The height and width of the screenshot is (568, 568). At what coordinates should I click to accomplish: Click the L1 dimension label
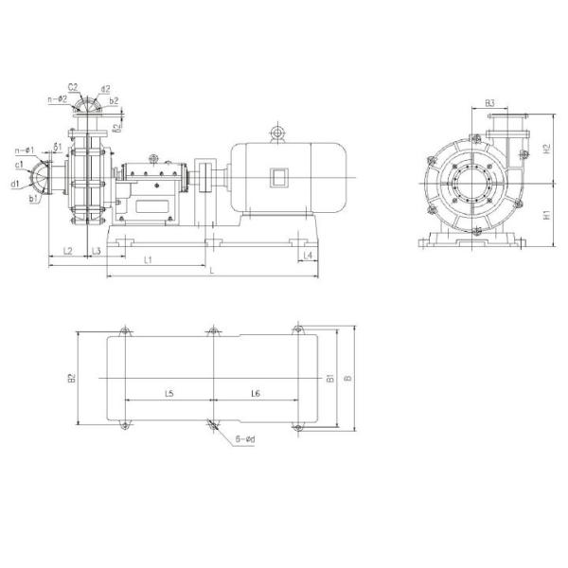pyautogui.click(x=149, y=258)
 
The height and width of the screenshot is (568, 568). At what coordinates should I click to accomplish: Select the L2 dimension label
pyautogui.click(x=68, y=251)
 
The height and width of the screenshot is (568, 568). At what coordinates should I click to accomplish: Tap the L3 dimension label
pyautogui.click(x=97, y=251)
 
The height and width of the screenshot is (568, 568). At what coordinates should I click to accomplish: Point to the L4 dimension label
pyautogui.click(x=310, y=256)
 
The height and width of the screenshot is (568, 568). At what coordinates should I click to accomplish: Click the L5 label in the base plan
pyautogui.click(x=169, y=392)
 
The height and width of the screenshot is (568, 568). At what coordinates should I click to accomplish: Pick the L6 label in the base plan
pyautogui.click(x=256, y=392)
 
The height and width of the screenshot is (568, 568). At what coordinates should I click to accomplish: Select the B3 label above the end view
pyautogui.click(x=491, y=102)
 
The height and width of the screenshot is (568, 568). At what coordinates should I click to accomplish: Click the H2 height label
pyautogui.click(x=547, y=149)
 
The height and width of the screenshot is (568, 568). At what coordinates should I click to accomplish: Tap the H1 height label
pyautogui.click(x=547, y=215)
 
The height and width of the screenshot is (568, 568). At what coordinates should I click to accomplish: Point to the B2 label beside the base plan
pyautogui.click(x=72, y=379)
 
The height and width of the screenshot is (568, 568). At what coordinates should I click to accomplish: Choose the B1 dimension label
pyautogui.click(x=330, y=379)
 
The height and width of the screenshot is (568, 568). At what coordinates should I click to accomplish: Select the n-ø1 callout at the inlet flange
pyautogui.click(x=25, y=150)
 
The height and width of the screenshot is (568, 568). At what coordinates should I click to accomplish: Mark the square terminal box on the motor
pyautogui.click(x=279, y=177)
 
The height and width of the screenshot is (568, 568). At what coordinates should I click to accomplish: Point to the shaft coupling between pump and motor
pyautogui.click(x=204, y=177)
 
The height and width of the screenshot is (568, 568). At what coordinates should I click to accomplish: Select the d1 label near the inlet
pyautogui.click(x=16, y=184)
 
